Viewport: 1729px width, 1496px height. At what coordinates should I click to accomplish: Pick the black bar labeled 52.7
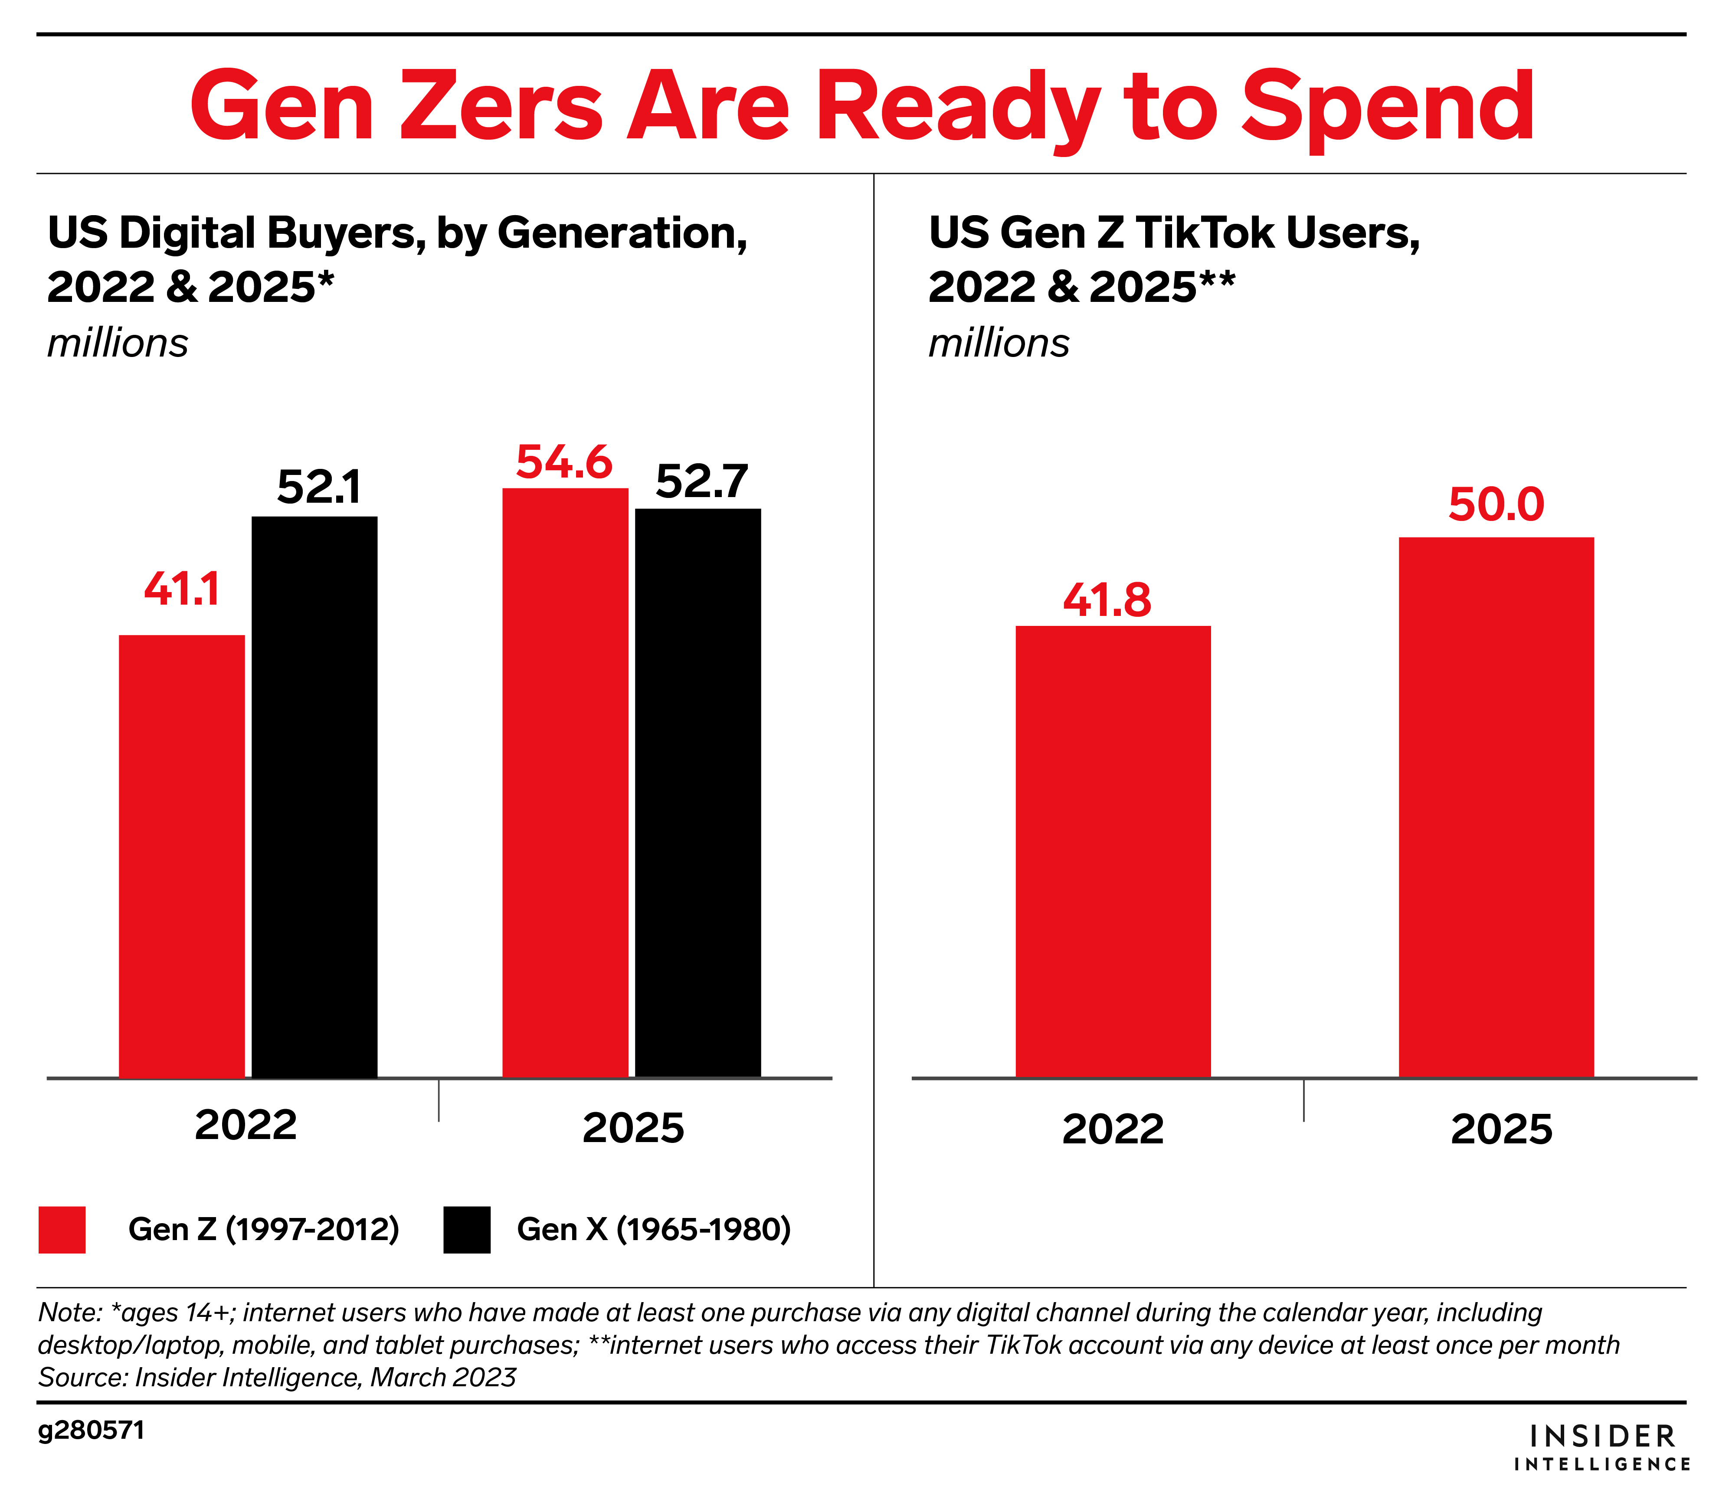tap(698, 792)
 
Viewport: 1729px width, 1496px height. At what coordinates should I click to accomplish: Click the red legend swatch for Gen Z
tap(62, 1230)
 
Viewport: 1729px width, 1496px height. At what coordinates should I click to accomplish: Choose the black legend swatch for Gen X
tap(467, 1230)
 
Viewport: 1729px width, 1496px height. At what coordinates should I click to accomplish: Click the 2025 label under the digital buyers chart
tap(633, 1128)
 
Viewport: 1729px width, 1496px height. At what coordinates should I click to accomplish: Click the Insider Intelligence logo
tap(1602, 1447)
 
